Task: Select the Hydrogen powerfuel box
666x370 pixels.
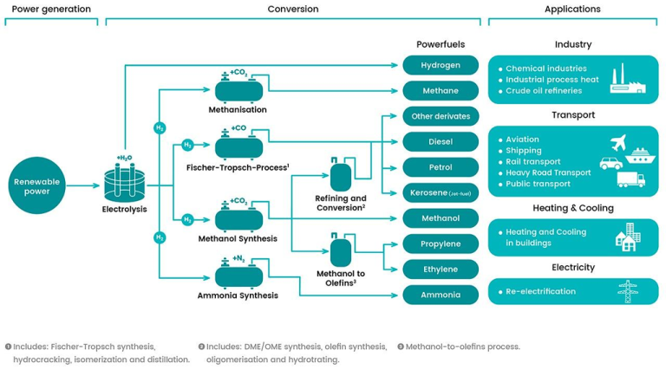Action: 441,65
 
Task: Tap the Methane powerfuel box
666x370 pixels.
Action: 441,90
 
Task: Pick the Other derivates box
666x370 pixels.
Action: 441,116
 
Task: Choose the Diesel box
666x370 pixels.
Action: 441,141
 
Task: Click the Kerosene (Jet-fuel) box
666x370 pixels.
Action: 441,192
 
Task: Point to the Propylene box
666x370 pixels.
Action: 441,243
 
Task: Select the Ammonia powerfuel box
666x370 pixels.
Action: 441,295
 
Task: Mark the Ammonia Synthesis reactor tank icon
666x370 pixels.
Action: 238,276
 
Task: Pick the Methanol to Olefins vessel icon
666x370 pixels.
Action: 341,250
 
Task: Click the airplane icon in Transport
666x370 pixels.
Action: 618,140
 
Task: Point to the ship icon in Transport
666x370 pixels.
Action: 638,156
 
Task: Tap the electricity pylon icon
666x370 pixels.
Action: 625,291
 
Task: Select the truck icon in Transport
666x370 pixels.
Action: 630,179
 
